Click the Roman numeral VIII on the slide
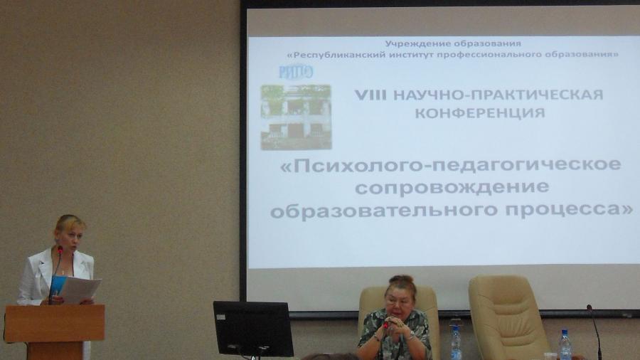(x=370, y=95)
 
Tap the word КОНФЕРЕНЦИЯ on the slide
(x=480, y=113)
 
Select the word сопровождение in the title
(x=452, y=187)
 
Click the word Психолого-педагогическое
(x=451, y=165)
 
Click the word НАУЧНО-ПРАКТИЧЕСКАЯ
(x=498, y=95)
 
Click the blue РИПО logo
(x=296, y=73)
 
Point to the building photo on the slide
(x=296, y=117)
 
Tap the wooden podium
(x=55, y=331)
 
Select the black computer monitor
(x=253, y=329)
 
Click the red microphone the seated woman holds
(x=385, y=325)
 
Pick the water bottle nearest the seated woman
(x=456, y=342)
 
